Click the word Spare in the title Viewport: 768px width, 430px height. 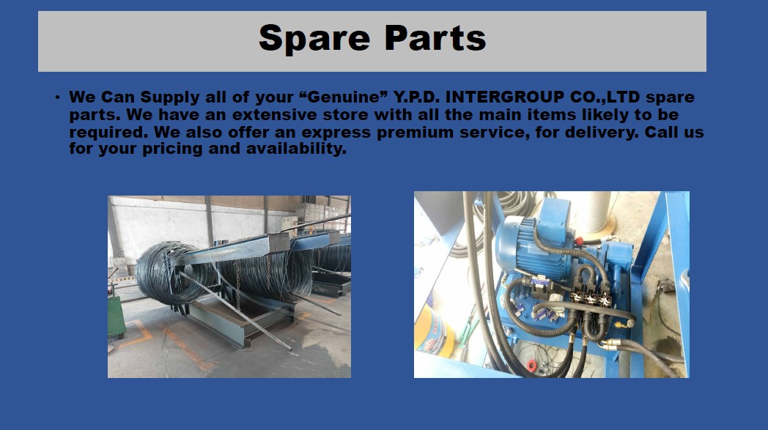tap(314, 39)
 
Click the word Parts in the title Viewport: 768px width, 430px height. tap(435, 37)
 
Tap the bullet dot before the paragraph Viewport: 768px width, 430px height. tap(58, 97)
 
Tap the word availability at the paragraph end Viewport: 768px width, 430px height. tap(296, 149)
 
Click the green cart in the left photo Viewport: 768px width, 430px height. tap(116, 316)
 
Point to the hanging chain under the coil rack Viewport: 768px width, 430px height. tap(238, 286)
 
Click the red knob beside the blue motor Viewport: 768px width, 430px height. tap(580, 241)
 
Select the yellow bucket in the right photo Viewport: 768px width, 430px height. tap(433, 330)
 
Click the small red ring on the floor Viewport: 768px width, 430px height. tap(532, 366)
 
